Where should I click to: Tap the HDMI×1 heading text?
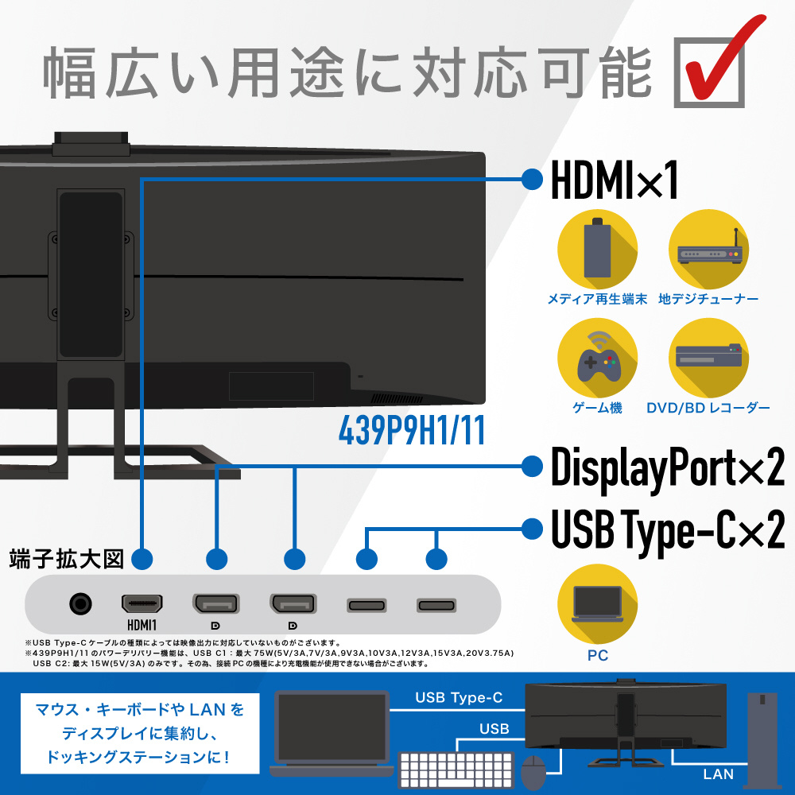pos(614,180)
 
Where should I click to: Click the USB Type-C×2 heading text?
pos(668,530)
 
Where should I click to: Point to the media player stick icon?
pos(597,249)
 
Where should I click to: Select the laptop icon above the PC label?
pos(597,604)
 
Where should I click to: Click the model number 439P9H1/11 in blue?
pos(412,430)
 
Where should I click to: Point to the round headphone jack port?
pos(80,604)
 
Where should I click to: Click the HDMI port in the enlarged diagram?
pos(142,603)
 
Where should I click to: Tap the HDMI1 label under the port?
pos(142,625)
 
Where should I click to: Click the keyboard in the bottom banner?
pos(456,769)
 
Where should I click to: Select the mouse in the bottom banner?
pos(533,772)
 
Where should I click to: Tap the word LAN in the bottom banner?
pos(718,774)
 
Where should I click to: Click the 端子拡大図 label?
pos(67,559)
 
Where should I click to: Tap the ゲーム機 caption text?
pos(597,408)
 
